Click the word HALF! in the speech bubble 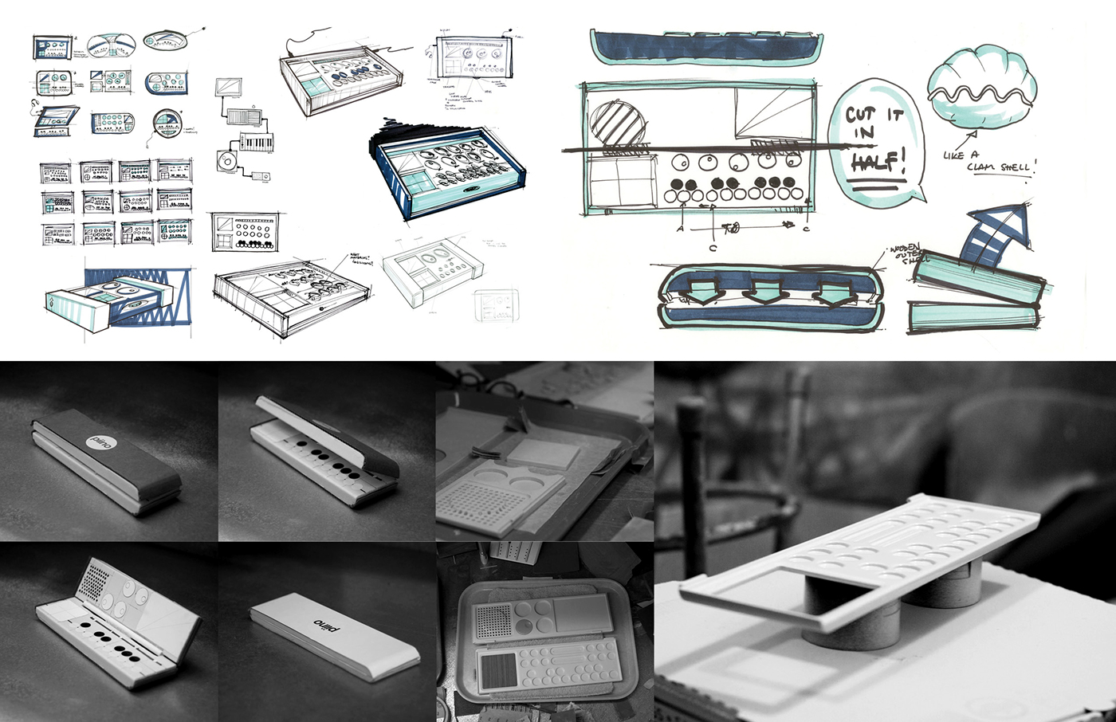(878, 163)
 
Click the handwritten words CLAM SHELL (1001, 167)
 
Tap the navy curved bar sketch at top (705, 46)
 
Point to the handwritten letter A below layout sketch (680, 229)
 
